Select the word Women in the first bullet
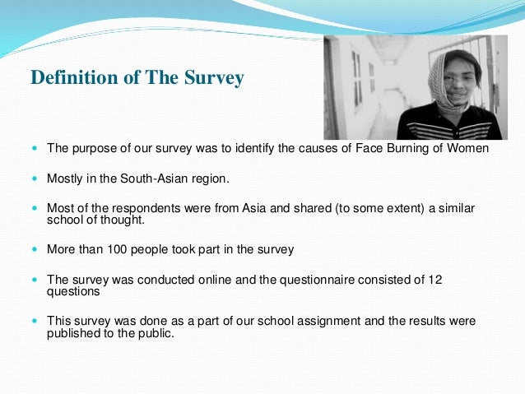pos(470,149)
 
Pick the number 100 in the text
pos(124,248)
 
